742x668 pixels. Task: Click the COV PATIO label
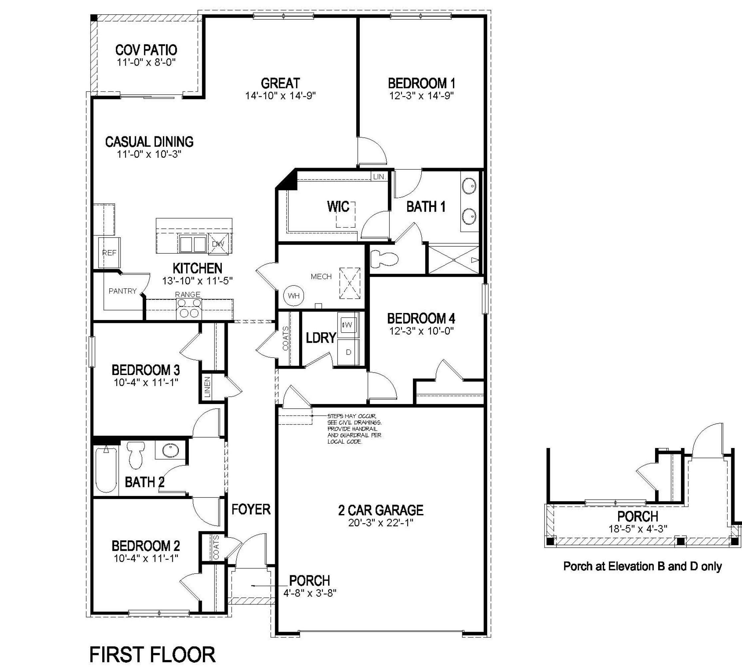pos(146,50)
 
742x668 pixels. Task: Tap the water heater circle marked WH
pos(293,295)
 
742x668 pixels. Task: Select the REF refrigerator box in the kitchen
pos(109,253)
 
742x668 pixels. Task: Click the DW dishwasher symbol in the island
pos(218,243)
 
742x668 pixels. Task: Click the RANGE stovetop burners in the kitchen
pos(189,308)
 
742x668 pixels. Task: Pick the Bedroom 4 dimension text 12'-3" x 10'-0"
pos(421,331)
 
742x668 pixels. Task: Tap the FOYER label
pos(251,509)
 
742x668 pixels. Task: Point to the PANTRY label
pos(123,291)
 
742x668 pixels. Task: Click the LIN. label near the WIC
pos(379,177)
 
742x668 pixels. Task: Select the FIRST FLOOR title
pos(153,654)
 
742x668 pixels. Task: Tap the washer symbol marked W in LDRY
pos(348,324)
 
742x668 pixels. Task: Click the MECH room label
pos(321,276)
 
